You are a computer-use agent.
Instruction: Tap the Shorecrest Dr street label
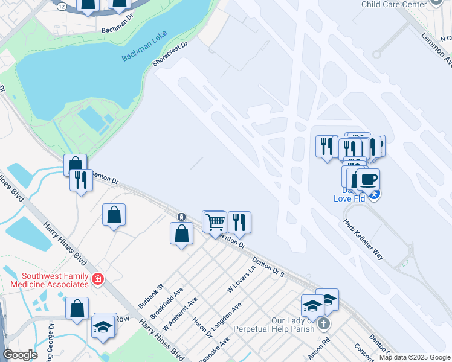point(170,54)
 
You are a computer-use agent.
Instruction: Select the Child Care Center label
point(393,4)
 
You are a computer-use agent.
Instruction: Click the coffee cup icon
point(367,179)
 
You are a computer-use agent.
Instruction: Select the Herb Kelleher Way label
point(363,238)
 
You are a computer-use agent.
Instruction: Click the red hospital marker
point(97,279)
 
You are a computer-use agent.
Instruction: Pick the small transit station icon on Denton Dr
point(181,217)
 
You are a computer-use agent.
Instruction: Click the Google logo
point(21,355)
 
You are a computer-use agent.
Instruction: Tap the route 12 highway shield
point(62,5)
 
